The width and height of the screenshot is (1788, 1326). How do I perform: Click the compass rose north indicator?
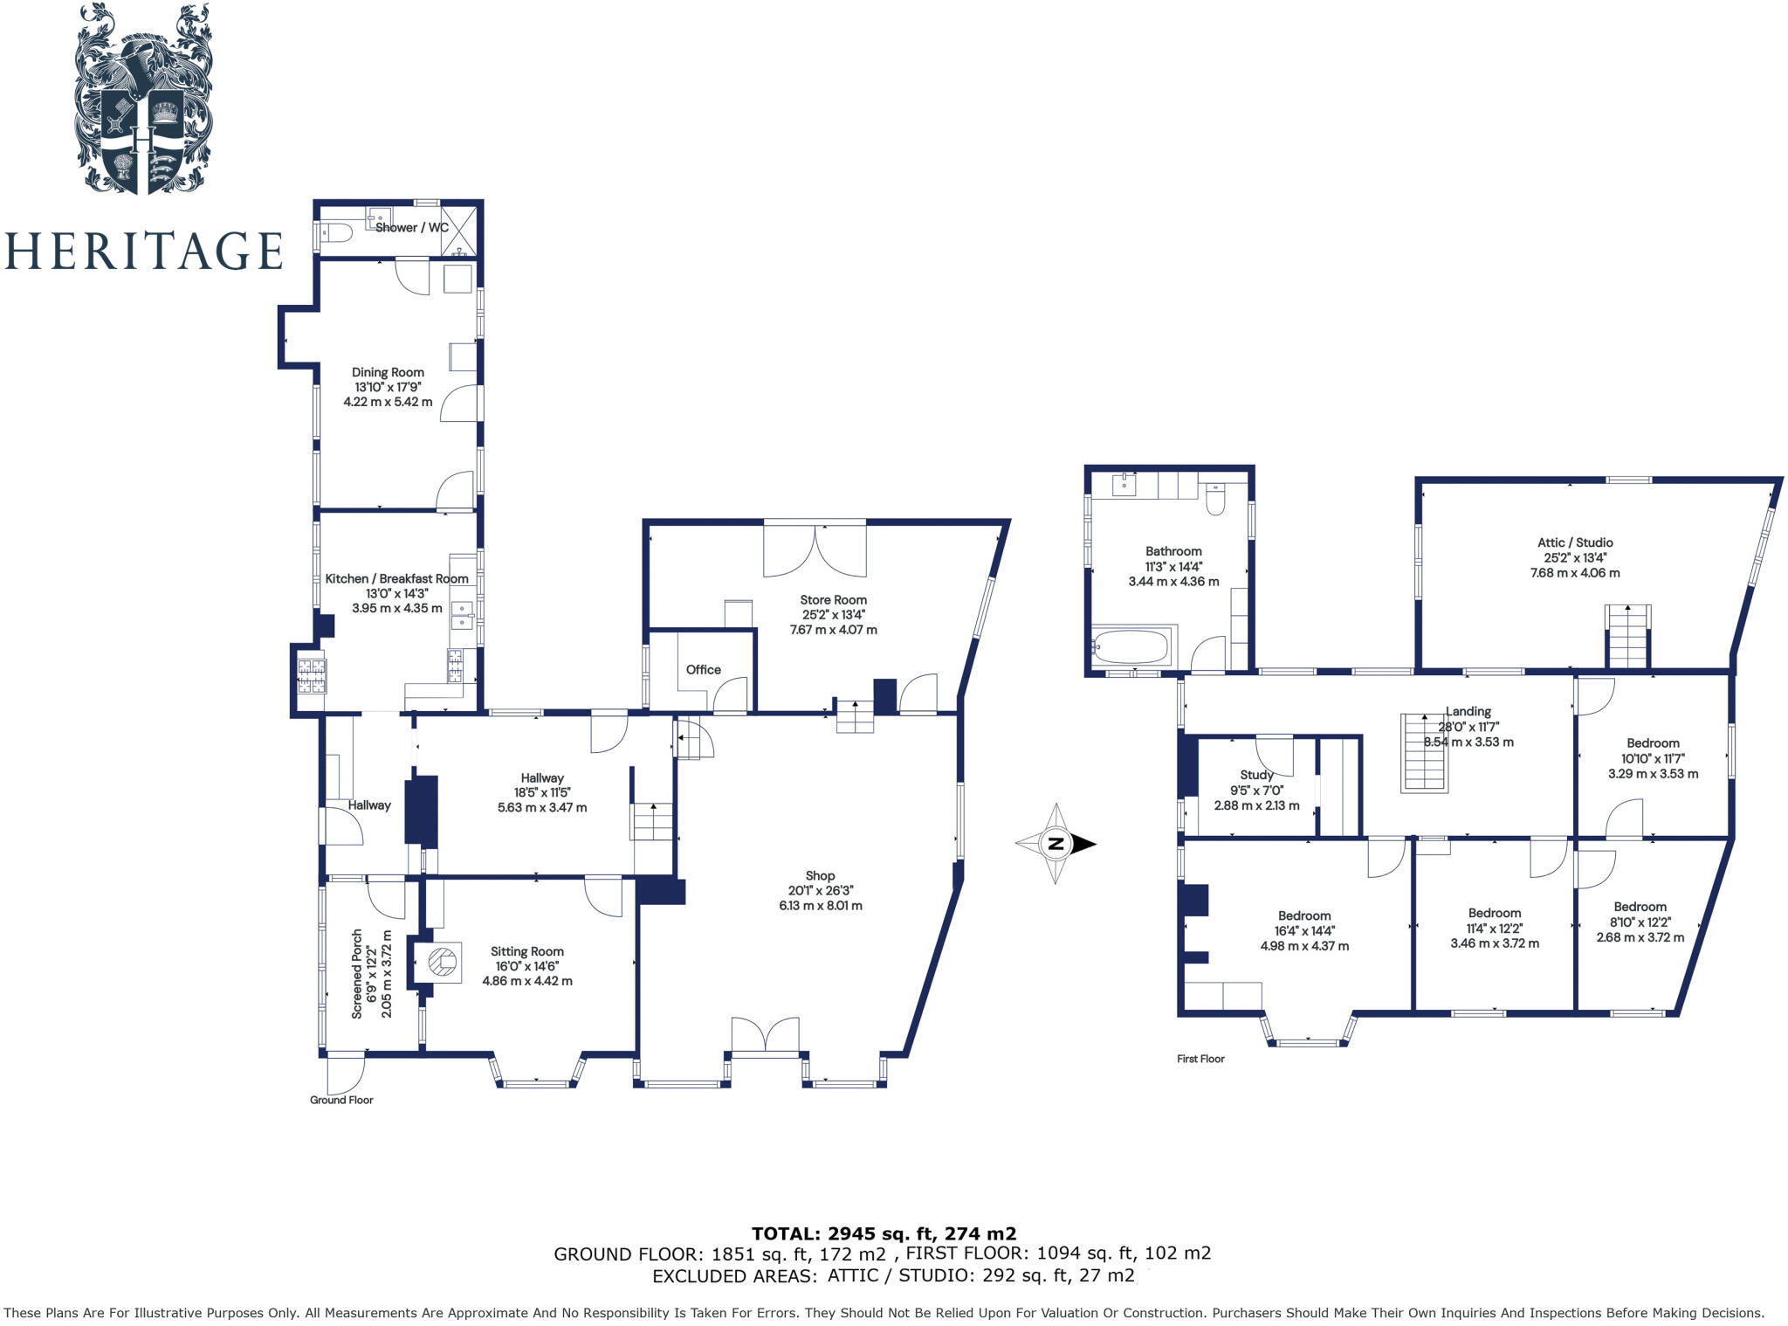[1056, 844]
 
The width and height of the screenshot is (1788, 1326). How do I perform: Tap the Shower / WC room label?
[411, 228]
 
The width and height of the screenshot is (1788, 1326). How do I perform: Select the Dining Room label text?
[388, 372]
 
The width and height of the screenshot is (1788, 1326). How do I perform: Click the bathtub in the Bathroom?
[1131, 647]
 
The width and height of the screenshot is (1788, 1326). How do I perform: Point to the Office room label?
[703, 670]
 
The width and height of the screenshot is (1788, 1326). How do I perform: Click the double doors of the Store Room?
[815, 550]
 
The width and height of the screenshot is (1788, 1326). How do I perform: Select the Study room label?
[1256, 775]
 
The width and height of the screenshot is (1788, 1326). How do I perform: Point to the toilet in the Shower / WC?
[334, 232]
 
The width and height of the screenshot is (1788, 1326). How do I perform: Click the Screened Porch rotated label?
[357, 974]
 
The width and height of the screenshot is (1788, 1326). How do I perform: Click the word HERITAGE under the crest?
[143, 251]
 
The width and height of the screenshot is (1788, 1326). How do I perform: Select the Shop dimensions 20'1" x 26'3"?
[820, 891]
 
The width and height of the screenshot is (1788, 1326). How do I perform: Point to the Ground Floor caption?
[341, 1100]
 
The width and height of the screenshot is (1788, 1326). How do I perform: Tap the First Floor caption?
[1200, 1059]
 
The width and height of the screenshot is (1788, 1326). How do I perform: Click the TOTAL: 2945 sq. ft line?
[884, 1233]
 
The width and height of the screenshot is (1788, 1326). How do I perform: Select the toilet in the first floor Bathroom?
[1214, 500]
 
